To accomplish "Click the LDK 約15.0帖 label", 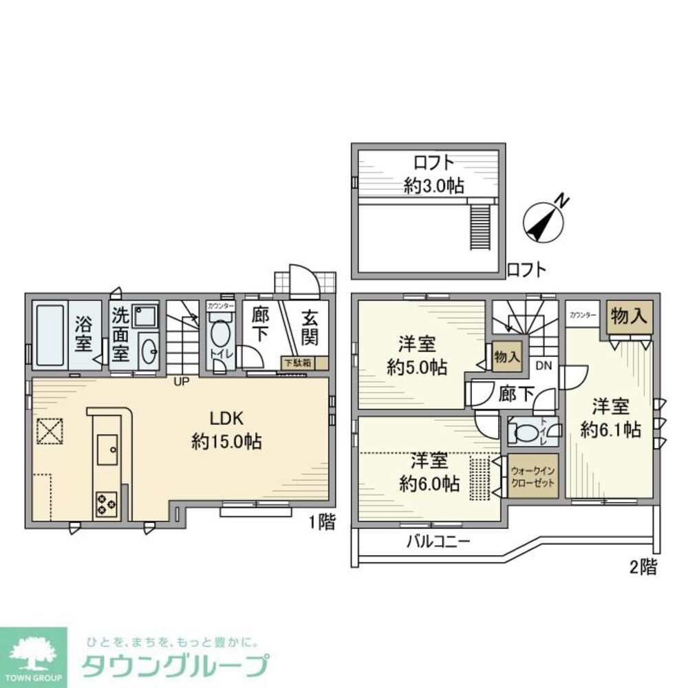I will click(226, 430).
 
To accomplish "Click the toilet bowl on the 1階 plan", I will click(220, 336).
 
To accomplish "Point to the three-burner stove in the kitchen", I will click(106, 503).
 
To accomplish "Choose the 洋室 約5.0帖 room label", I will click(416, 355).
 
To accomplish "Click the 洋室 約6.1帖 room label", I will click(610, 418).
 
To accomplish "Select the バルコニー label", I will click(437, 541).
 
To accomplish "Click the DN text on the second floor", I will click(544, 365).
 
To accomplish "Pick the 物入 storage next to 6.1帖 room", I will click(629, 316).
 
